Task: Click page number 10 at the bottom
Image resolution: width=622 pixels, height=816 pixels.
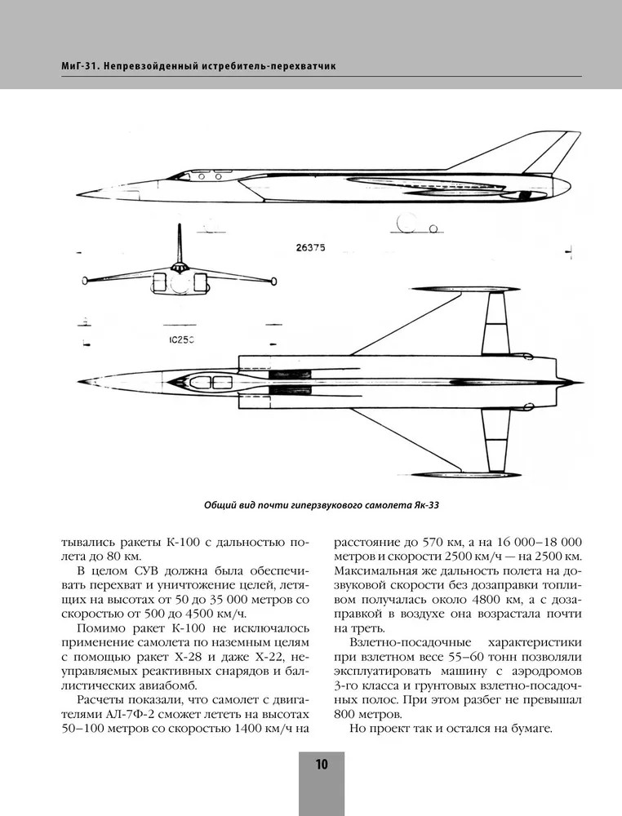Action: coord(321,765)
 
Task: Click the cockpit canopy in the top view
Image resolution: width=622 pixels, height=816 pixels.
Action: coord(204,382)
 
